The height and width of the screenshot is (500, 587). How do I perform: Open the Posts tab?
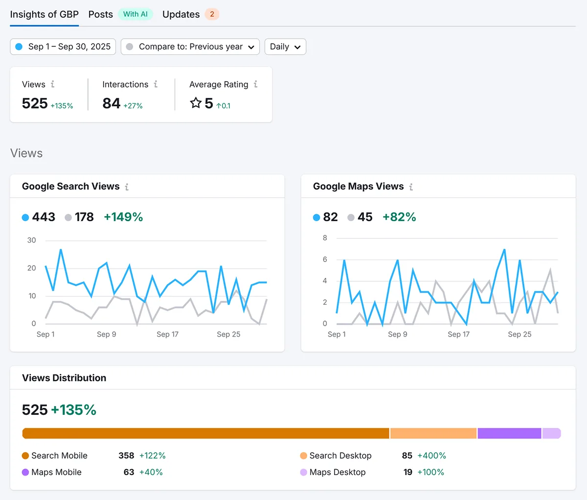(x=101, y=14)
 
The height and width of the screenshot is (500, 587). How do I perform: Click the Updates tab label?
(x=181, y=14)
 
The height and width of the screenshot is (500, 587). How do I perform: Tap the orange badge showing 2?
(x=212, y=14)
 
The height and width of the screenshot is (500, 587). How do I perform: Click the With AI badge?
(x=135, y=14)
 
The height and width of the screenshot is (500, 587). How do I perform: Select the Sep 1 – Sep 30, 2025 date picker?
(x=63, y=46)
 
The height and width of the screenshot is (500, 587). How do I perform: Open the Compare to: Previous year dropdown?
(x=190, y=46)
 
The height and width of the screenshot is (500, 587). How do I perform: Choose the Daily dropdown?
(x=285, y=46)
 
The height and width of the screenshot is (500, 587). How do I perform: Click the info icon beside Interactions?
(x=156, y=84)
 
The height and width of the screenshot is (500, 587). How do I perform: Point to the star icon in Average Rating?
(x=196, y=103)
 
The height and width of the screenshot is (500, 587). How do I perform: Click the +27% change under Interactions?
(x=133, y=106)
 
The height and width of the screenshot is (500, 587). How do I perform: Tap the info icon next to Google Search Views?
(x=127, y=187)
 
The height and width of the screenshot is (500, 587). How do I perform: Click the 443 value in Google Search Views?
(x=44, y=217)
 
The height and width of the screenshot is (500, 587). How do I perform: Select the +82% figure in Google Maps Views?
(x=399, y=217)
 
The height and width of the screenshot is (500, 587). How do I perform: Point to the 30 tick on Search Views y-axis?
(x=31, y=240)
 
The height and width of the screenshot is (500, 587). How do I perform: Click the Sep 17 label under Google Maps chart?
(x=458, y=334)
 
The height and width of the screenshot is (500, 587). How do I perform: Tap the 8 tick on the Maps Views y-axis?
(x=325, y=238)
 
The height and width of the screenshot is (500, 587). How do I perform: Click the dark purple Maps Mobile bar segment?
(x=509, y=433)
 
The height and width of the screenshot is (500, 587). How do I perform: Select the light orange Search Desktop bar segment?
(x=433, y=433)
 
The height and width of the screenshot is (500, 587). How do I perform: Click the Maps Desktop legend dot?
(x=303, y=472)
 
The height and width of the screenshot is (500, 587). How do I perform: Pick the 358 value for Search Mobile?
(x=126, y=455)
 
